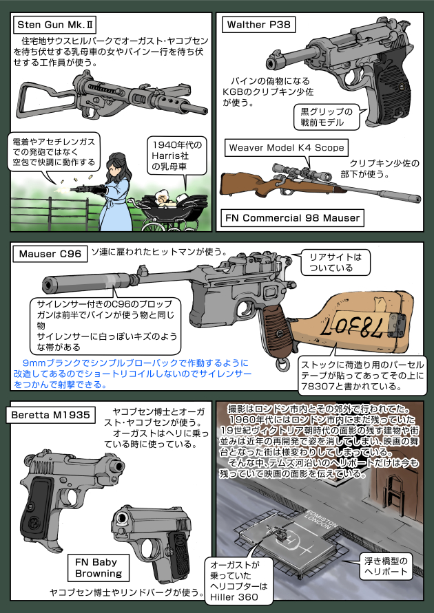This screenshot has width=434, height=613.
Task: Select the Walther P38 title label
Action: click(x=258, y=25)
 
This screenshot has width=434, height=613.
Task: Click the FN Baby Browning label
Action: click(x=99, y=566)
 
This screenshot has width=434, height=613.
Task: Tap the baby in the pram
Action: click(x=164, y=198)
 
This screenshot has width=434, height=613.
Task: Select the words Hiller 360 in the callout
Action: click(x=238, y=597)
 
